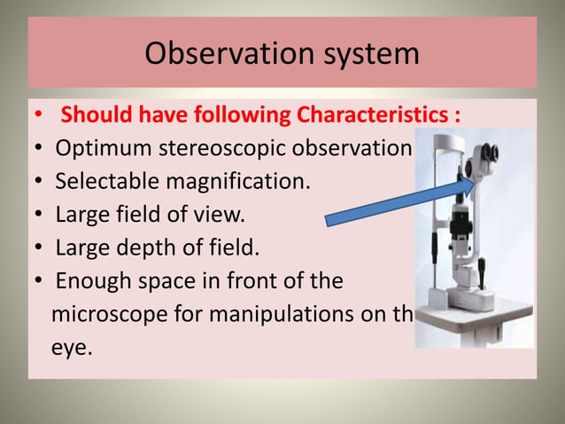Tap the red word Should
[x=97, y=116]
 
